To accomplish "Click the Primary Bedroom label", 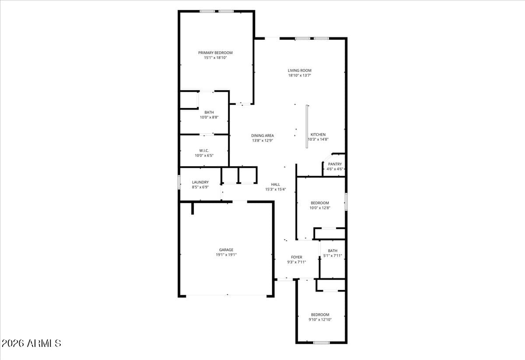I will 215,52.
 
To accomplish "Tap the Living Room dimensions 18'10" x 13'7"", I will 299,75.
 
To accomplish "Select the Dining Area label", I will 262,136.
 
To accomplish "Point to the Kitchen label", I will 318,135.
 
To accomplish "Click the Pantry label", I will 335,164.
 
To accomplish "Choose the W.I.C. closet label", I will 204,150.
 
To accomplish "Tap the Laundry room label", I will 200,182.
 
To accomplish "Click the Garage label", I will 226,250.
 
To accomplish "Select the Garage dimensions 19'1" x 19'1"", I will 226,255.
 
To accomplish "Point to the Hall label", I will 275,185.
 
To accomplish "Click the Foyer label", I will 297,257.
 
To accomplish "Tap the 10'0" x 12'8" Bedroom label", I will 320,203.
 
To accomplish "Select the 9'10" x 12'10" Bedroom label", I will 320,315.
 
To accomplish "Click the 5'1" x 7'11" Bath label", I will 332,251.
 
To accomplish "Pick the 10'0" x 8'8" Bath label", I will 209,112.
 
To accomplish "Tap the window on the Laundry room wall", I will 179,182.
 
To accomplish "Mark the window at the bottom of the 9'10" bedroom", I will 321,343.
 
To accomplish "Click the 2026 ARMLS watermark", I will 31,343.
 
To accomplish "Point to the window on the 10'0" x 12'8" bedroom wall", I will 346,202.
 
